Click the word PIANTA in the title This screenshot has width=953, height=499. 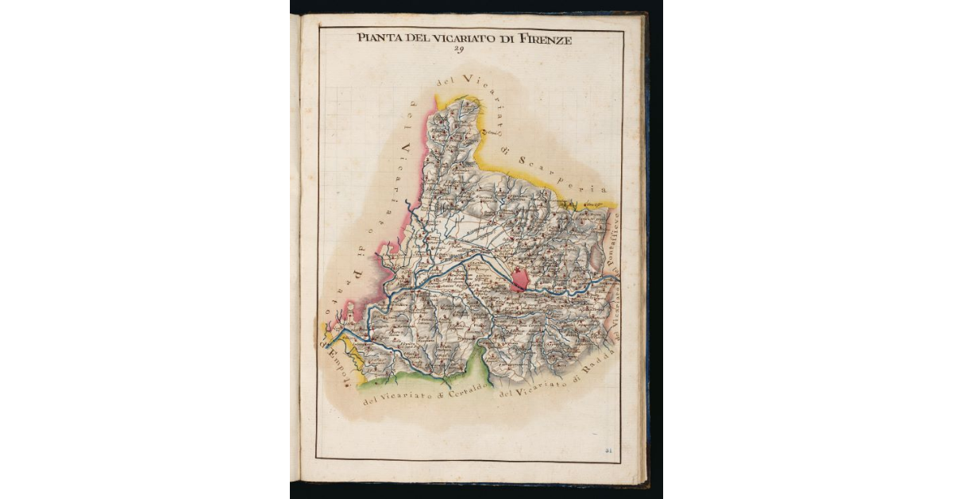(377, 37)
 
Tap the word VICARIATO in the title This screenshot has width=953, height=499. (461, 37)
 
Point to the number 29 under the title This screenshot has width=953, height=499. (458, 49)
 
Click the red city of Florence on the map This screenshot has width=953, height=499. (521, 279)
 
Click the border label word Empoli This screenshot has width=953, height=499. (328, 365)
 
